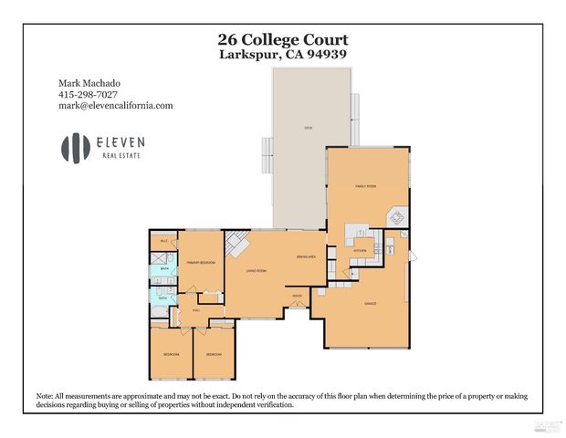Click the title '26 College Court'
[282, 39]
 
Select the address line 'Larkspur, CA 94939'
[282, 54]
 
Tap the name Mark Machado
[90, 83]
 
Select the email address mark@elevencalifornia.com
[116, 105]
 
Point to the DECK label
[309, 129]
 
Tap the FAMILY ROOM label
[365, 185]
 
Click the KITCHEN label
[360, 250]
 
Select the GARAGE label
[371, 303]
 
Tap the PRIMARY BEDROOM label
[199, 262]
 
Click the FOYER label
[297, 297]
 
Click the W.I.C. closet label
[164, 241]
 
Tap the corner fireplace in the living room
[236, 244]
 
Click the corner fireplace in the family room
[397, 218]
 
